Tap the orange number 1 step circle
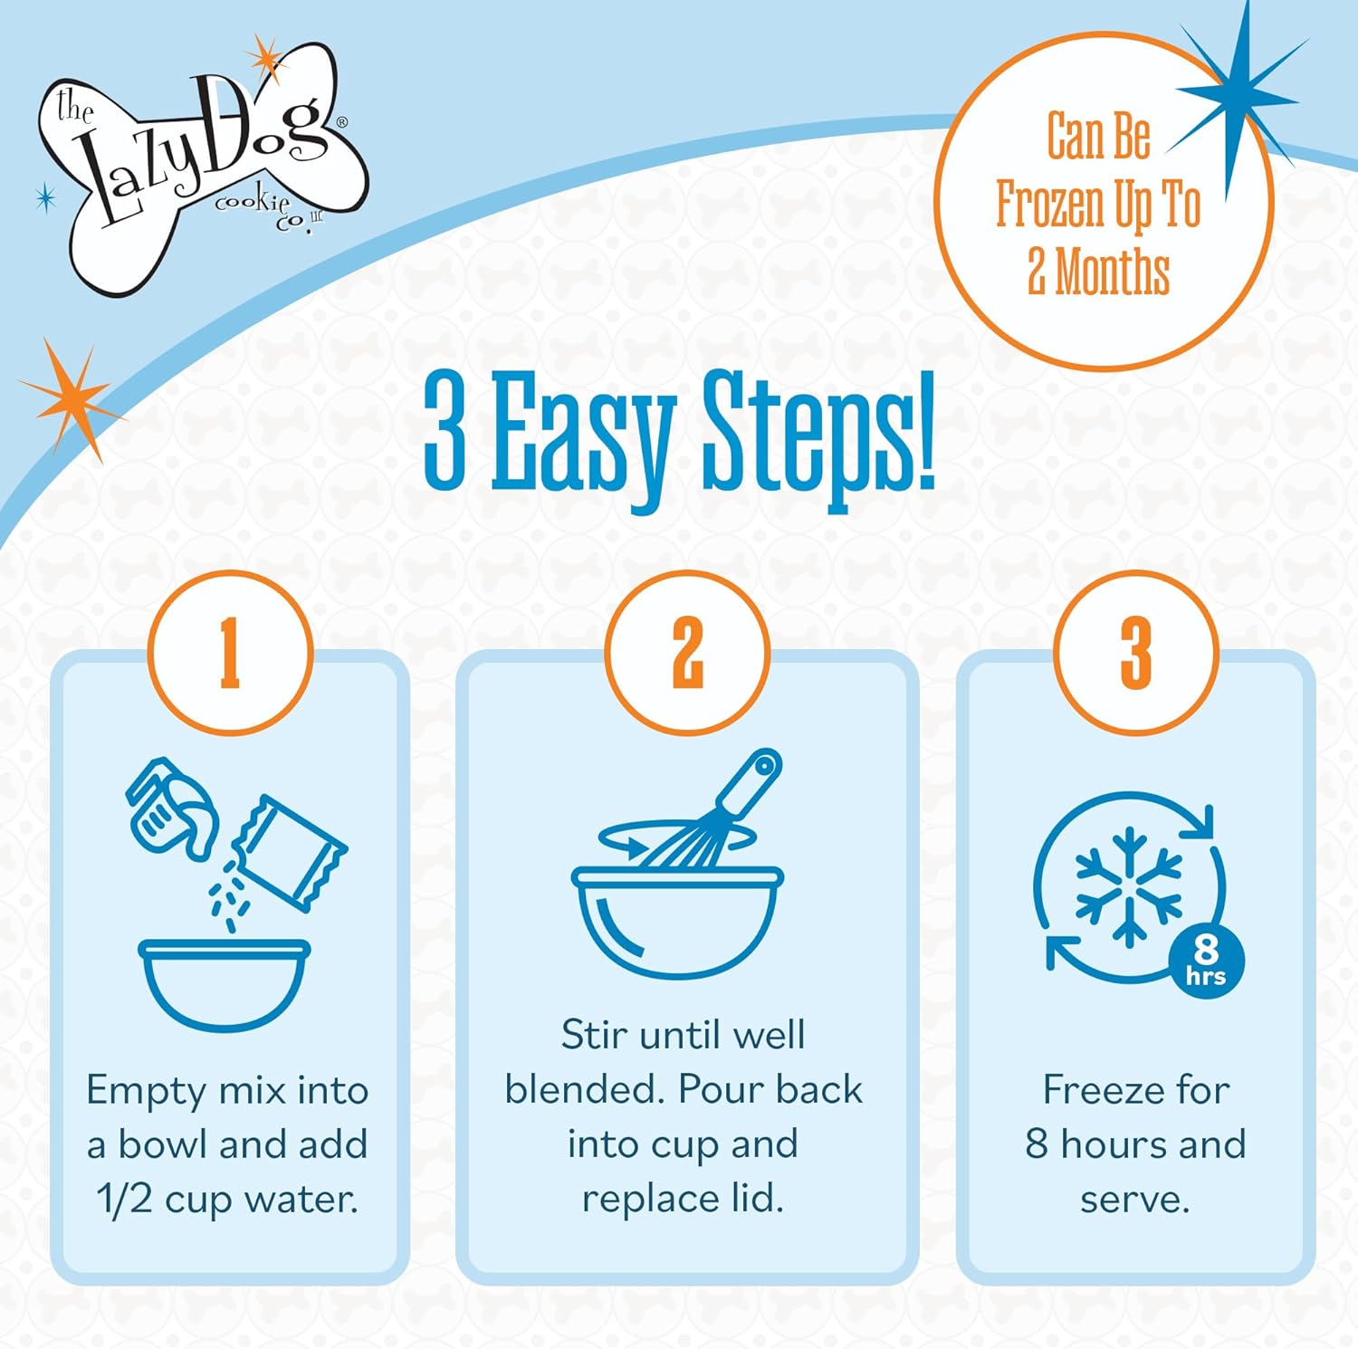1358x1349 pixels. pos(230,652)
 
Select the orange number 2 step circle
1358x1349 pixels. pos(687,652)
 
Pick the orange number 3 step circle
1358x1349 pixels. pos(1135,652)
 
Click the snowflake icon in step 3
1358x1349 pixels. pos(1128,886)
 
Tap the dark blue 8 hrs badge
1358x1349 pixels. pos(1206,961)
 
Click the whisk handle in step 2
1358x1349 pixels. pos(750,781)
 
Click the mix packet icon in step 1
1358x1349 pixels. pos(289,852)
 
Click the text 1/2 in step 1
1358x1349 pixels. pos(125,1199)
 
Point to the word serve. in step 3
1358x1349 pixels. pos(1134,1201)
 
